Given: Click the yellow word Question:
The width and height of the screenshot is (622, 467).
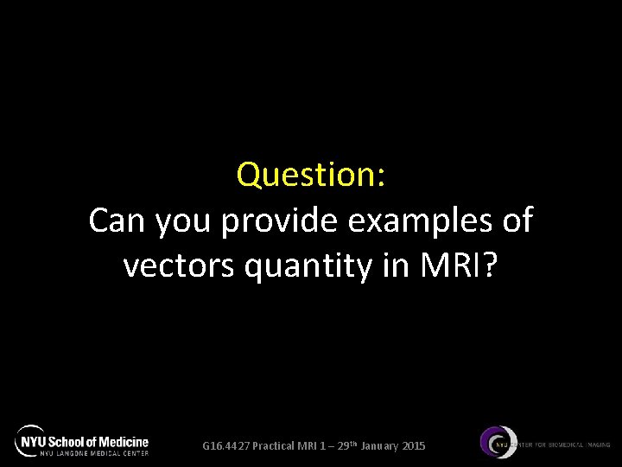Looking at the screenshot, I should [311, 176].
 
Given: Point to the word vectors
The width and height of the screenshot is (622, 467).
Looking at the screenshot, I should [175, 266].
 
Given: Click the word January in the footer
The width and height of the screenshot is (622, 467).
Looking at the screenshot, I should [375, 446].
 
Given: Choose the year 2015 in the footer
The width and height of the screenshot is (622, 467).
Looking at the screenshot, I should [413, 446].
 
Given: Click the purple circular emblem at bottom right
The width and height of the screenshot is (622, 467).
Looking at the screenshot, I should [496, 444].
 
